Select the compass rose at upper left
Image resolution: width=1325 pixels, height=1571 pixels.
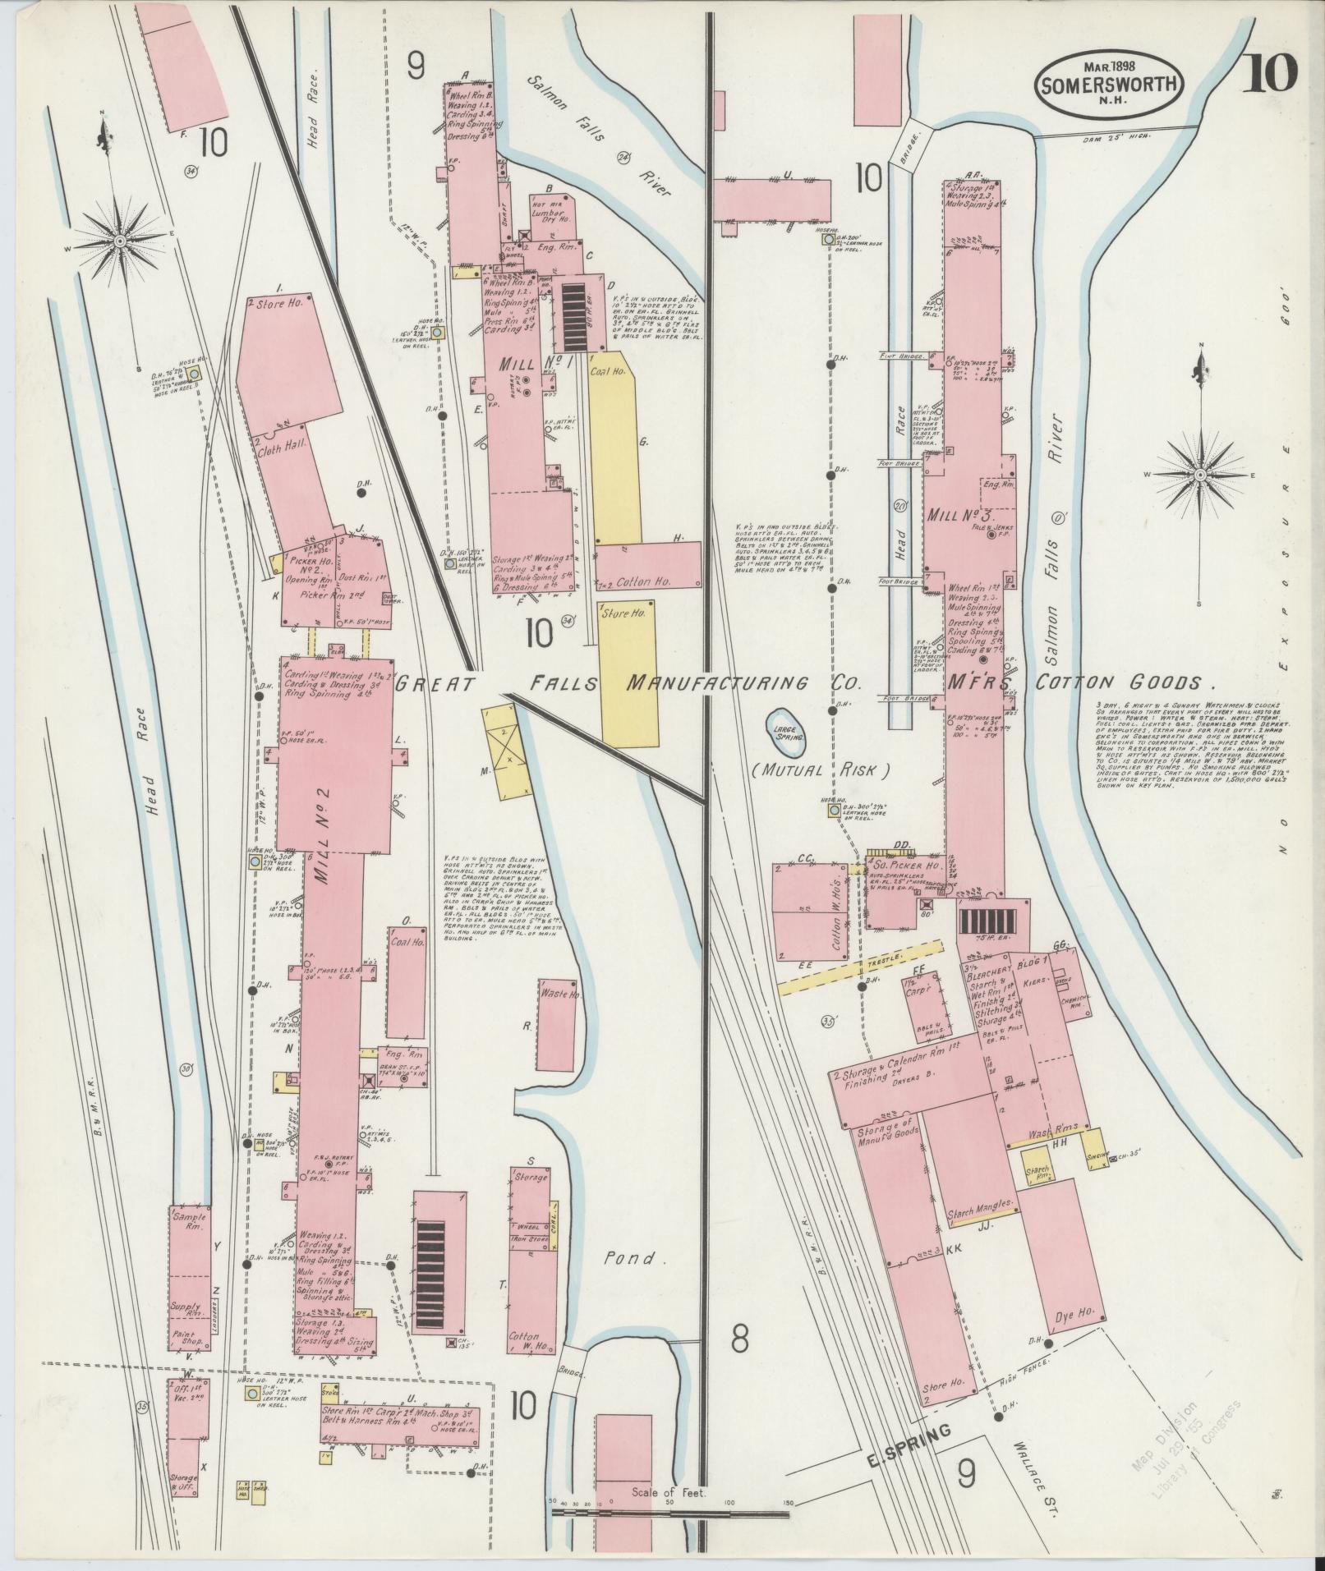pos(121,241)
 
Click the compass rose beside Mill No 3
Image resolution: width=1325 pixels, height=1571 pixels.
pos(1201,475)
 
